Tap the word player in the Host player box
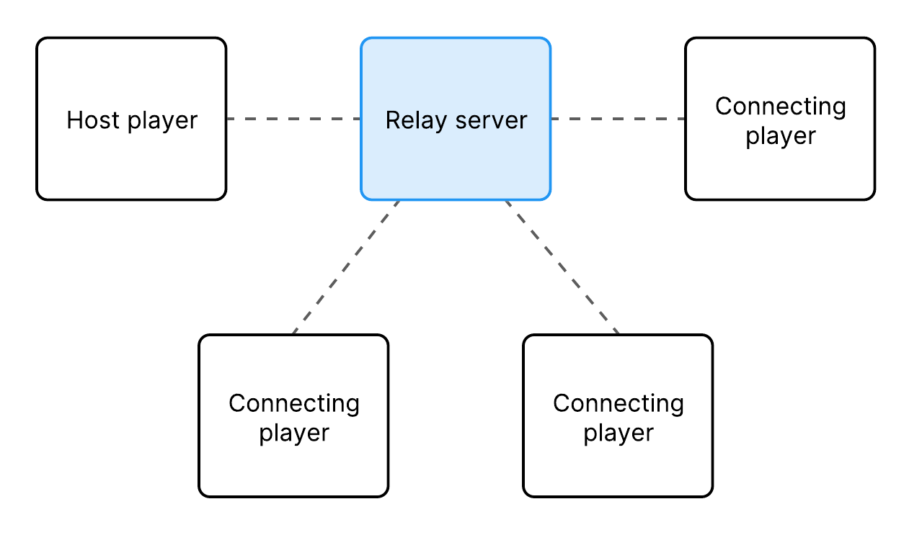(x=163, y=121)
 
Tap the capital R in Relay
(x=392, y=120)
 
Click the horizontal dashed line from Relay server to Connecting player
(x=619, y=119)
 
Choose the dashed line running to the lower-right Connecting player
(x=562, y=267)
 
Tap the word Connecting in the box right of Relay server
(x=780, y=107)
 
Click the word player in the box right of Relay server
(x=780, y=136)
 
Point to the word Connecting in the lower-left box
(x=293, y=403)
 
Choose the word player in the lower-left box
(x=293, y=433)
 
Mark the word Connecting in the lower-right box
(x=618, y=403)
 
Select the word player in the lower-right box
(x=618, y=433)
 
